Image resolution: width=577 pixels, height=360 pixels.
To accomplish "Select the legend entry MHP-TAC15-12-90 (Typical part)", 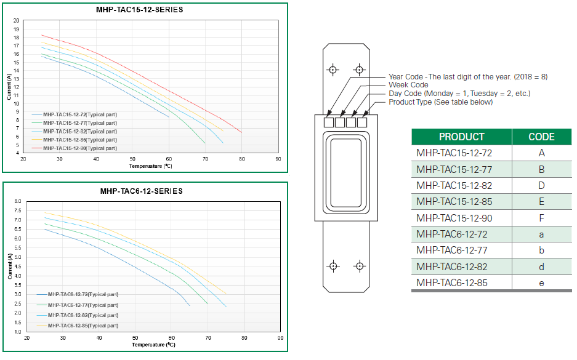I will (x=79, y=148).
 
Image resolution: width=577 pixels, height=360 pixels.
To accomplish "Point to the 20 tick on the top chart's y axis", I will (x=16, y=20).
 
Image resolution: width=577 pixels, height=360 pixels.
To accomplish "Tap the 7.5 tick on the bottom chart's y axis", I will (x=18, y=210).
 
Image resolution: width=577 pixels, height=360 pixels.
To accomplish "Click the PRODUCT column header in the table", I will (x=461, y=137).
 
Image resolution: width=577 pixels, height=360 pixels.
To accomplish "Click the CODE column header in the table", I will (x=541, y=137).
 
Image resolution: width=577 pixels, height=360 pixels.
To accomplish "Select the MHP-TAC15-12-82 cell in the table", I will (x=454, y=185).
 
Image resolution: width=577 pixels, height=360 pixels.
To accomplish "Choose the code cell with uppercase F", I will (x=541, y=218).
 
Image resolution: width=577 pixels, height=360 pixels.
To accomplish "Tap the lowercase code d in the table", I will (x=541, y=267).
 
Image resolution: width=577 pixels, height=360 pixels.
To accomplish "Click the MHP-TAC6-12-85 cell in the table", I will (x=452, y=283).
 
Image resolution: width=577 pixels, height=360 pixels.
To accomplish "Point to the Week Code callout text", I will (x=408, y=85).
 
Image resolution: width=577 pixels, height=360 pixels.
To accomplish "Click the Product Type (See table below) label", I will (x=440, y=102).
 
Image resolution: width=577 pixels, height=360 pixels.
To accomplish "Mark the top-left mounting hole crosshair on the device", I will (x=333, y=70).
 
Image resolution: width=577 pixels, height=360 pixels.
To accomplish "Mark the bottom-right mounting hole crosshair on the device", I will (x=360, y=266).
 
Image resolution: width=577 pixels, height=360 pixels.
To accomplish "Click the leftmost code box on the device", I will (x=329, y=122).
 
